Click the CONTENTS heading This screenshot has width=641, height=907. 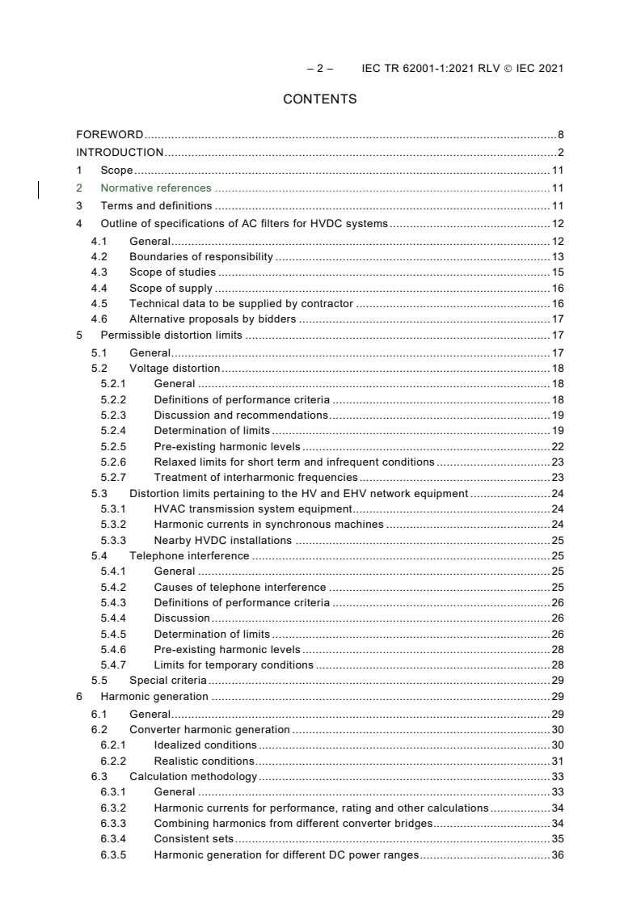320,99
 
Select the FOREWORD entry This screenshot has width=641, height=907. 110,135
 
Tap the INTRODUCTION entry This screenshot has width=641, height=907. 120,152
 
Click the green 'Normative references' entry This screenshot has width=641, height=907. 156,188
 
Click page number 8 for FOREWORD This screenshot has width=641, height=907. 560,135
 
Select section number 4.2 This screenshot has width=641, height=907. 99,257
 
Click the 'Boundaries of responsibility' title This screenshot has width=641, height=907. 201,257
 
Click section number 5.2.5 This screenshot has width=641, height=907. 113,446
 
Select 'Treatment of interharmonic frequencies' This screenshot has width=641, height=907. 255,477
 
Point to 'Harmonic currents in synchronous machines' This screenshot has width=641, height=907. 268,524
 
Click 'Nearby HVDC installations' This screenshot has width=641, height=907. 223,540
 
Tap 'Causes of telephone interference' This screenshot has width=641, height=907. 240,587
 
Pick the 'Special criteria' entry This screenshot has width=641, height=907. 167,681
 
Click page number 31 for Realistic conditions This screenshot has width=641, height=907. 557,761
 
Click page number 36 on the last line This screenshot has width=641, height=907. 557,855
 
